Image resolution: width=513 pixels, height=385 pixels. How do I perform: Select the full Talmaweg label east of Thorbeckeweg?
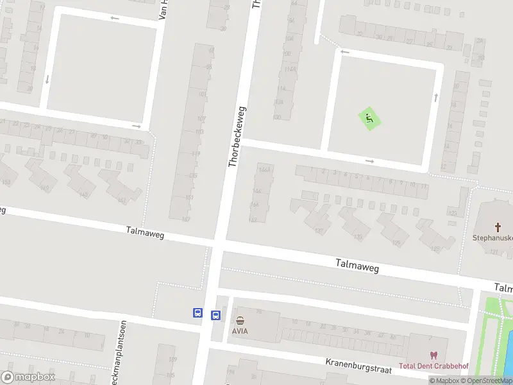[x=357, y=265]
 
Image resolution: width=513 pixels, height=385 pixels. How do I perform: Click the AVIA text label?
[x=240, y=332]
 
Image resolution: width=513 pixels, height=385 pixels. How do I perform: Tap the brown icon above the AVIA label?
[x=240, y=320]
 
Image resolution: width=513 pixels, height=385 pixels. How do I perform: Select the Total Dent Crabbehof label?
[x=434, y=366]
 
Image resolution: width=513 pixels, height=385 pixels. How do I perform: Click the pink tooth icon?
[x=433, y=355]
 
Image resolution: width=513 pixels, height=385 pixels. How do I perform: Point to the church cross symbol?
[x=498, y=227]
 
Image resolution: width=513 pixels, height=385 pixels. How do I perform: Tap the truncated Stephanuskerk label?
[x=492, y=237]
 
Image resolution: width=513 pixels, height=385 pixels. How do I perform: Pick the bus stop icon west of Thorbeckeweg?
[x=198, y=313]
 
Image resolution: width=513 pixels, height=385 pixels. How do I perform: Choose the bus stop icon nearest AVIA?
[x=216, y=315]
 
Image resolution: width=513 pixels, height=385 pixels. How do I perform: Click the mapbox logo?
[x=28, y=377]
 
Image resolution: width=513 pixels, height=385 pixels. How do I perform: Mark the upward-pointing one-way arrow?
[x=436, y=97]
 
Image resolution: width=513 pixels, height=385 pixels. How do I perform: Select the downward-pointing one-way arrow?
[x=47, y=80]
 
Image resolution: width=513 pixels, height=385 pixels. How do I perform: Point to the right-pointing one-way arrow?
[x=369, y=161]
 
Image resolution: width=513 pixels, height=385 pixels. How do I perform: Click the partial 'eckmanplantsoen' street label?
[x=119, y=341]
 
